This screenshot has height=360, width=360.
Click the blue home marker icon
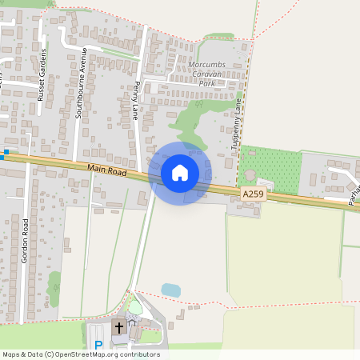(180, 172)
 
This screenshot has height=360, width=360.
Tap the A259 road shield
(252, 194)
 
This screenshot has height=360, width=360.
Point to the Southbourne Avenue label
(80, 83)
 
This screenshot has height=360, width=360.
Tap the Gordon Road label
(26, 240)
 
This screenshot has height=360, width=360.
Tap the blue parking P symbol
(98, 346)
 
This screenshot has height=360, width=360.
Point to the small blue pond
(170, 290)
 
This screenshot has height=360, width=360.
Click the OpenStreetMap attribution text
(81, 354)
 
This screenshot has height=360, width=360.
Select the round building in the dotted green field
(251, 174)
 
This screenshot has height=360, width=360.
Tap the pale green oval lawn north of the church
(136, 307)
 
